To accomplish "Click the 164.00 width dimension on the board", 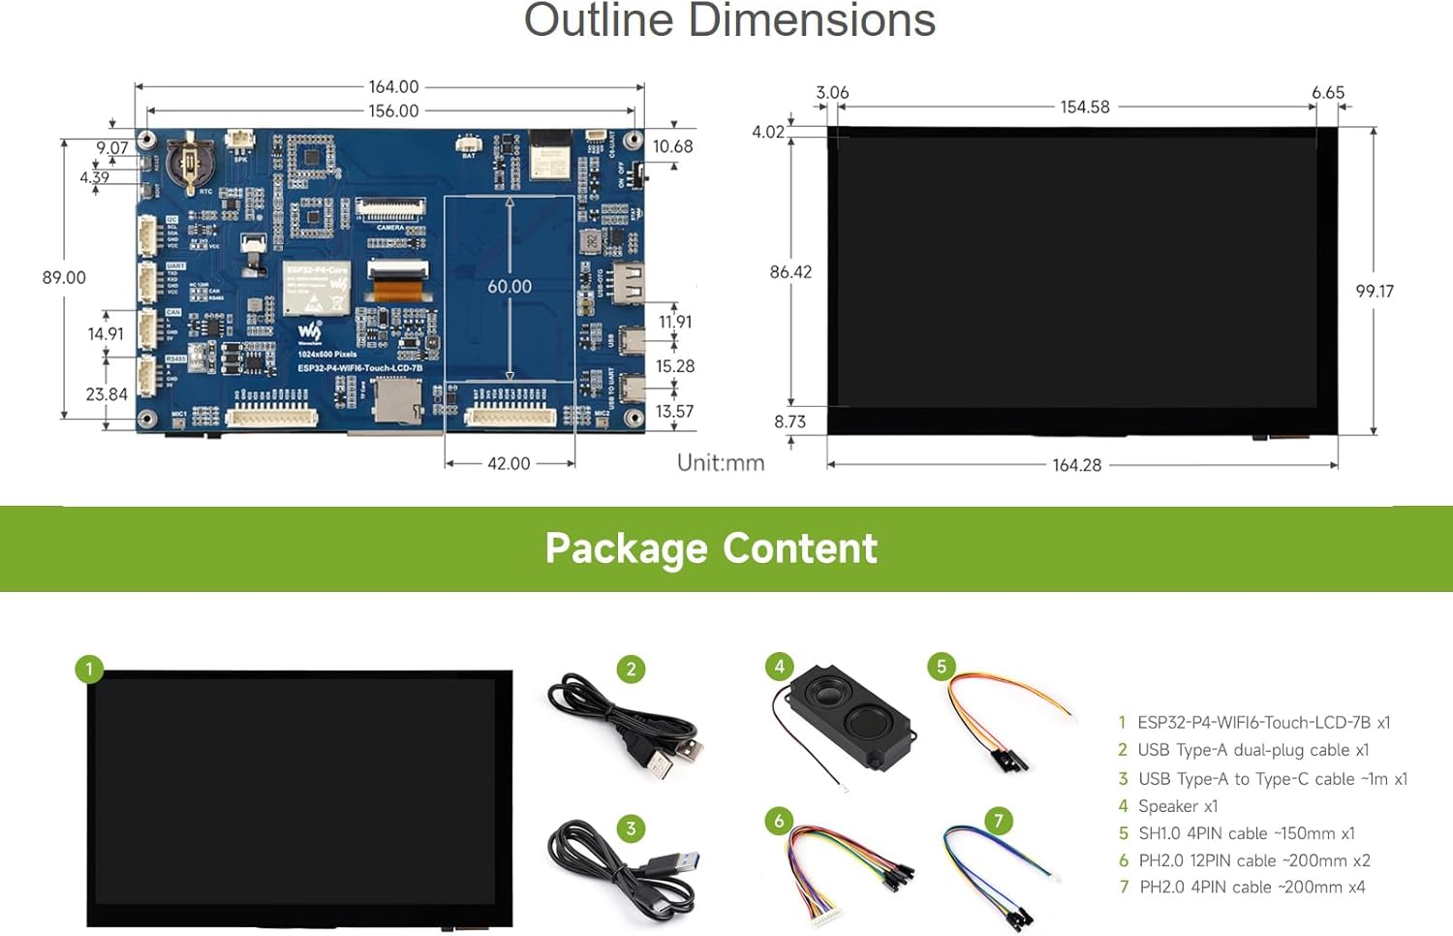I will tap(393, 87).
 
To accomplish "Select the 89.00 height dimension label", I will tap(64, 278).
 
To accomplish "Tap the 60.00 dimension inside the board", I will tap(510, 287).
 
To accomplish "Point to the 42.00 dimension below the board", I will tap(509, 464).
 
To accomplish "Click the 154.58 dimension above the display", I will tap(1084, 108).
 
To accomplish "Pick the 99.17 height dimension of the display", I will tap(1375, 292).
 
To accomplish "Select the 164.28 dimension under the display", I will tap(1076, 466).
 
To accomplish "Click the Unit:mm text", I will tap(721, 463).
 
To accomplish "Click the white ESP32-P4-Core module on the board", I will tap(317, 288).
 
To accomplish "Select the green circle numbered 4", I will tap(779, 667).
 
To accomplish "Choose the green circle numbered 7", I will tap(999, 821).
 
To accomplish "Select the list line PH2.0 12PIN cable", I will tap(1254, 860).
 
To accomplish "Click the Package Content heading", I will tap(711, 548).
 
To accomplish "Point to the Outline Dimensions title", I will tap(729, 21).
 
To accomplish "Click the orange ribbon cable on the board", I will tap(398, 289).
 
